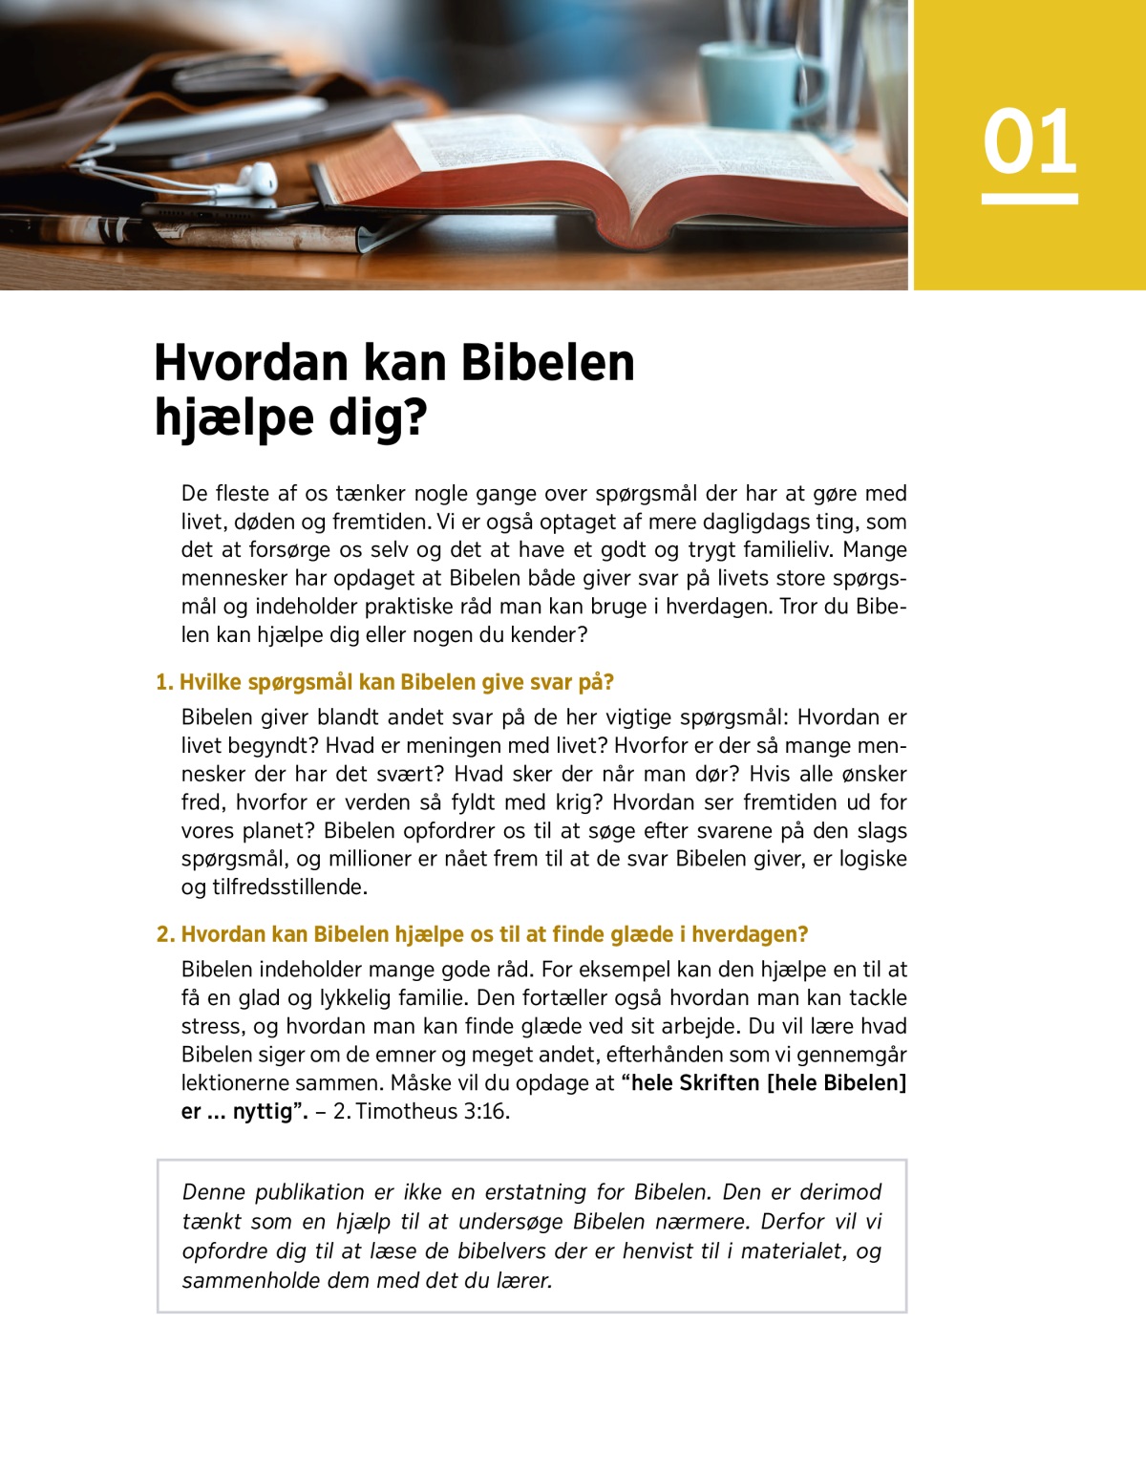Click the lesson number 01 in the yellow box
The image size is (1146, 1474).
[x=1029, y=141]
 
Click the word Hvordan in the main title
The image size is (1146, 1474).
[x=251, y=363]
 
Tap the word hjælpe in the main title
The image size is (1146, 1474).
[x=234, y=418]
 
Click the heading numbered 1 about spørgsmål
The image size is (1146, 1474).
[x=385, y=682]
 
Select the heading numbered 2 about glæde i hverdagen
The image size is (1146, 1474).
[x=482, y=934]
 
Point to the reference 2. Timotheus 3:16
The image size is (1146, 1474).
[x=421, y=1111]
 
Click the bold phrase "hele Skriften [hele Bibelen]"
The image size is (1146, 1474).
[x=769, y=1082]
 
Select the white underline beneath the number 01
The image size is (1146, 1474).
[x=1029, y=199]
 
